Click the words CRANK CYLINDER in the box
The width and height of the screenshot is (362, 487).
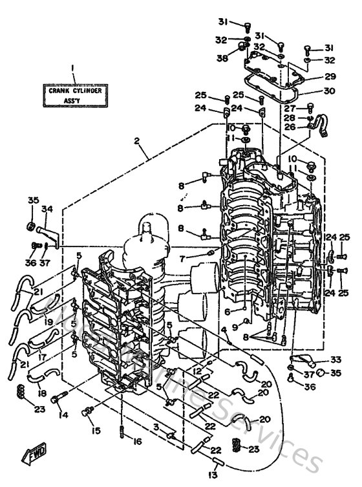pyautogui.click(x=75, y=91)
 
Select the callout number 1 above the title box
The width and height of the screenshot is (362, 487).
pyautogui.click(x=74, y=67)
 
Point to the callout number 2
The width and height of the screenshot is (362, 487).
pyautogui.click(x=137, y=141)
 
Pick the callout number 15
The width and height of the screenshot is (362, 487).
pyautogui.click(x=95, y=430)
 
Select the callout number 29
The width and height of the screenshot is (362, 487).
pyautogui.click(x=330, y=76)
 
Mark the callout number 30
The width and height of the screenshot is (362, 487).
pyautogui.click(x=330, y=91)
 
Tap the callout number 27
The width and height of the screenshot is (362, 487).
pyautogui.click(x=290, y=108)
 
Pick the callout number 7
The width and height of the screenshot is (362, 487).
pyautogui.click(x=183, y=259)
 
